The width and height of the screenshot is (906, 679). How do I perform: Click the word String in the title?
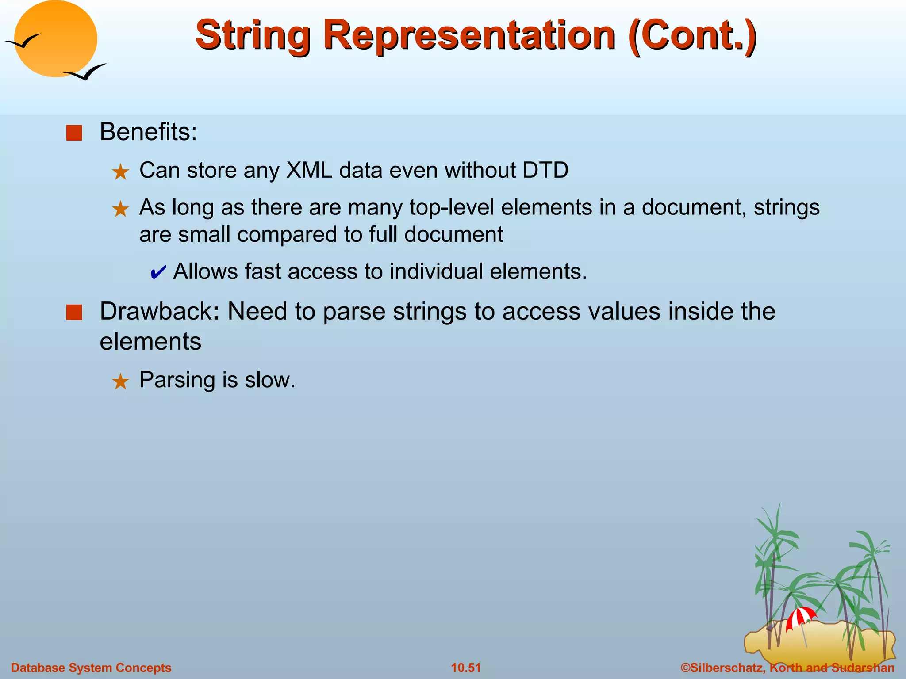click(x=253, y=35)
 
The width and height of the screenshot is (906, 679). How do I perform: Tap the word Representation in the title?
click(x=469, y=35)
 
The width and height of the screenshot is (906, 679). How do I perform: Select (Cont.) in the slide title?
click(x=692, y=35)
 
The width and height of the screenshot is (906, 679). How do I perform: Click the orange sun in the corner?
click(x=55, y=39)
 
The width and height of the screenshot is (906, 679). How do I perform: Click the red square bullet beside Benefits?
click(x=74, y=133)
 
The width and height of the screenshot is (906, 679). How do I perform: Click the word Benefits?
click(x=148, y=132)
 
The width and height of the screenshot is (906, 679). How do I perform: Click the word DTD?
click(x=545, y=170)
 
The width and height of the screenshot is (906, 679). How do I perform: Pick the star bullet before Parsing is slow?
click(x=120, y=381)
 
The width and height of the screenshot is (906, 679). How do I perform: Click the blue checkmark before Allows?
click(x=158, y=272)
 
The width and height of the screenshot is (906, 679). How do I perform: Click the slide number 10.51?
click(x=465, y=668)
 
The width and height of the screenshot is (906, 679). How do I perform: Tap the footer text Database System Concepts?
click(x=91, y=668)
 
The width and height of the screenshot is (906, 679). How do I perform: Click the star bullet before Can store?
click(x=120, y=172)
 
